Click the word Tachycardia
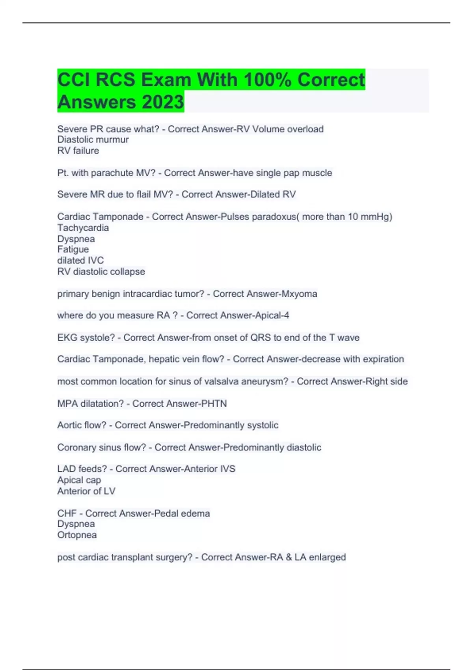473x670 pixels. [83, 228]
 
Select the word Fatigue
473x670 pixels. [73, 249]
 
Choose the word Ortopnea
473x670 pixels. [77, 535]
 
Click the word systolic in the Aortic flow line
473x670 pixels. [263, 425]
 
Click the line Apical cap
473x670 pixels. [79, 480]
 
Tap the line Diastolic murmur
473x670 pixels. [93, 140]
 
